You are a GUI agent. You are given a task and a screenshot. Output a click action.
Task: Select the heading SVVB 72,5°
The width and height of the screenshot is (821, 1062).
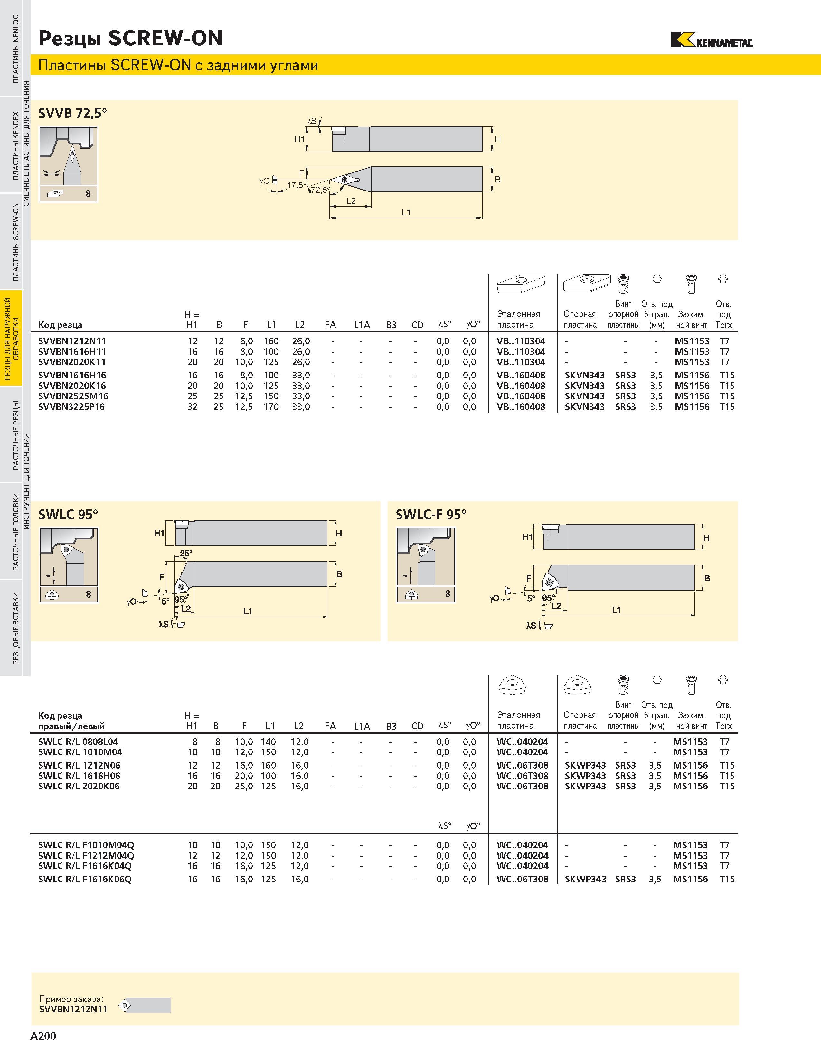pyautogui.click(x=72, y=113)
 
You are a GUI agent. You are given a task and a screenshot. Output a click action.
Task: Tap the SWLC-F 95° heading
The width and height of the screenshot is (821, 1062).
pyautogui.click(x=431, y=515)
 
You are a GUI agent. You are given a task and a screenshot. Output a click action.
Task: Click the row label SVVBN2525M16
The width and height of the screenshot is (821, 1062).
pyautogui.click(x=73, y=396)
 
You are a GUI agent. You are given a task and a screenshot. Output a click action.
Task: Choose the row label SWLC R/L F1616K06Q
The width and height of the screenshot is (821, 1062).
pyautogui.click(x=85, y=879)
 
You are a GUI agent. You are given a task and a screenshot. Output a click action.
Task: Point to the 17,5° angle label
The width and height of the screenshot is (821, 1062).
pyautogui.click(x=297, y=185)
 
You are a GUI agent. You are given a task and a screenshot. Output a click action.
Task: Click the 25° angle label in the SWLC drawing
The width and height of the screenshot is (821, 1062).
pyautogui.click(x=186, y=553)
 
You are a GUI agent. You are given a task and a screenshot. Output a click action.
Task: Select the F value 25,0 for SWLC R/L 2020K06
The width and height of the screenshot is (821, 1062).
pyautogui.click(x=244, y=786)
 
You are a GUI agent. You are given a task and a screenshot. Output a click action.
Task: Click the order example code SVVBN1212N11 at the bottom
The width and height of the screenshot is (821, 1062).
pyautogui.click(x=73, y=1009)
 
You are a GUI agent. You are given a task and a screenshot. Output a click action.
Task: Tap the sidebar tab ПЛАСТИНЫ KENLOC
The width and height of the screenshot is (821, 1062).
pyautogui.click(x=15, y=49)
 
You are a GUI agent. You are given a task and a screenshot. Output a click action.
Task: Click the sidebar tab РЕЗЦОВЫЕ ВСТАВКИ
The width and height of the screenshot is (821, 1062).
pyautogui.click(x=15, y=628)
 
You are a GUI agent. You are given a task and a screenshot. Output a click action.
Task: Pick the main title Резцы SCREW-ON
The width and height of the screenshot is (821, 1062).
pyautogui.click(x=130, y=38)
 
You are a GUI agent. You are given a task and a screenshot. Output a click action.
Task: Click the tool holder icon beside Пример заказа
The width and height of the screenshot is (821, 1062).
pyautogui.click(x=145, y=1005)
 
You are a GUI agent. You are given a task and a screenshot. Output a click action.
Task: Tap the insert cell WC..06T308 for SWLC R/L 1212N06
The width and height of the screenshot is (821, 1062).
pyautogui.click(x=522, y=765)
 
